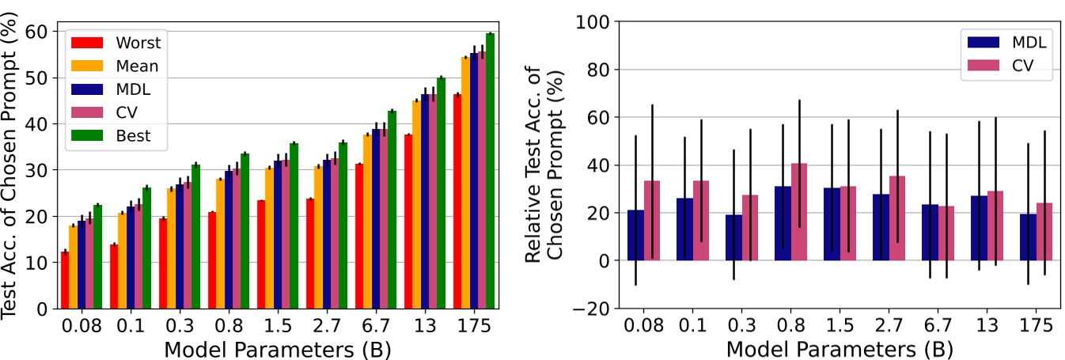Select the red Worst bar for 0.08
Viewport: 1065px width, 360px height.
(x=65, y=280)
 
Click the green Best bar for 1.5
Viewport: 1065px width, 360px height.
(x=294, y=225)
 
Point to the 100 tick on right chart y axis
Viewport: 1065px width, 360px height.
(x=594, y=21)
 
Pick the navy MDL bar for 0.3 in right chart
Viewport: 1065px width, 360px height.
(x=734, y=237)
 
